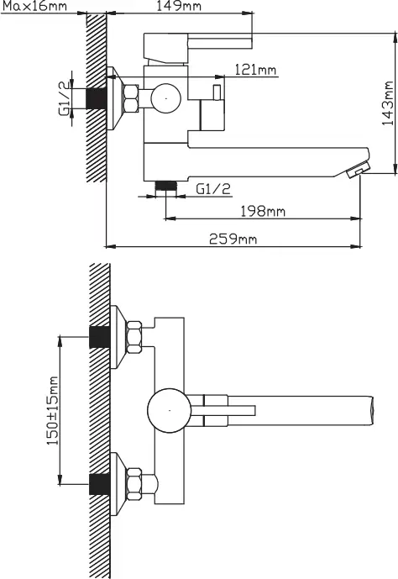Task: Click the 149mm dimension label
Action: (179, 6)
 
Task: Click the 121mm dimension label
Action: (255, 70)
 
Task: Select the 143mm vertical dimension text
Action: (388, 103)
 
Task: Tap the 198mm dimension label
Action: (263, 211)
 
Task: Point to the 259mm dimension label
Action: (233, 239)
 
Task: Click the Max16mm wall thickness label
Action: (34, 6)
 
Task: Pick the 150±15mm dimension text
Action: (52, 410)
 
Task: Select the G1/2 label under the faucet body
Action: (213, 189)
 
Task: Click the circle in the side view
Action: (166, 98)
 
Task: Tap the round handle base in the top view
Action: (170, 410)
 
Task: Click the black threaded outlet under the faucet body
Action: (165, 186)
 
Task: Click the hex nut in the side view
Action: (131, 98)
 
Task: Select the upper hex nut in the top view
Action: (134, 337)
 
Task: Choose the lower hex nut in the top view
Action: (134, 484)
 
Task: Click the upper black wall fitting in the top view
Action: (100, 337)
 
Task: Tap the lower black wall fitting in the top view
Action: (100, 484)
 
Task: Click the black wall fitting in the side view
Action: (97, 98)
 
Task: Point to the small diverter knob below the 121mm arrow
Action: (217, 92)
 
